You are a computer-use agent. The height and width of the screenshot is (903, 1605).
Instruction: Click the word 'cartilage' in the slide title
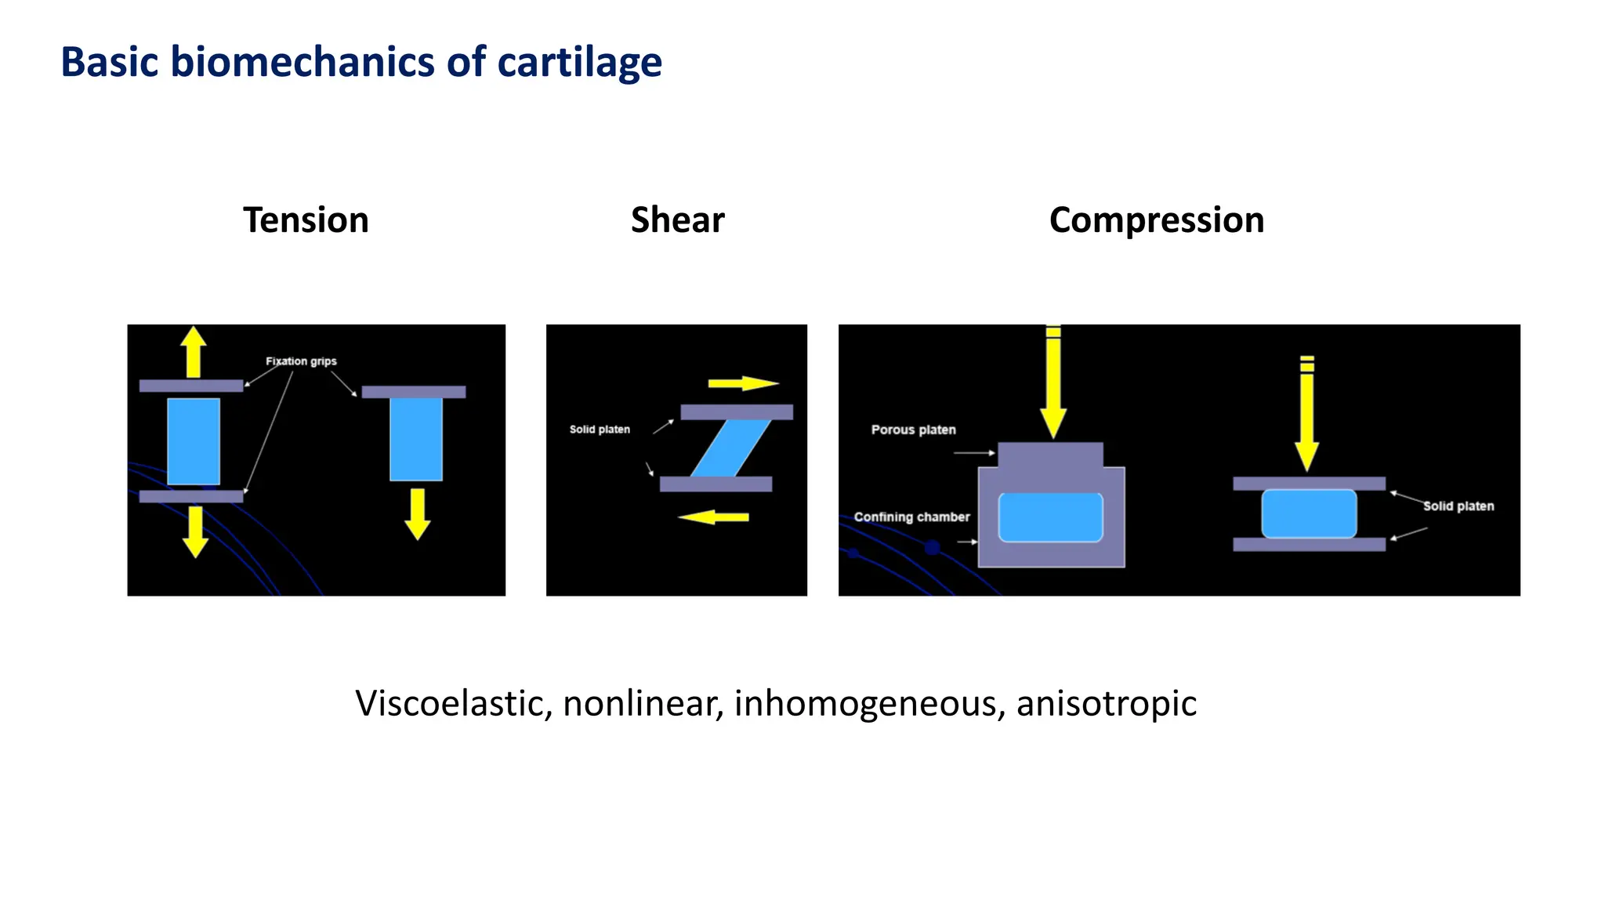[x=579, y=62]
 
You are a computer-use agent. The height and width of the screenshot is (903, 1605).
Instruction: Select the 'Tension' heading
[x=306, y=220]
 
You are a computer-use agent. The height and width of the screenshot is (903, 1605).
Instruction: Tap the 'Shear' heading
[x=677, y=220]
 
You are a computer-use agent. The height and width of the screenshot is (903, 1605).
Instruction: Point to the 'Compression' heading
[x=1156, y=220]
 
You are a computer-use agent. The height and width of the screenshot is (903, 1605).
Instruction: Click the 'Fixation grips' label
[x=301, y=361]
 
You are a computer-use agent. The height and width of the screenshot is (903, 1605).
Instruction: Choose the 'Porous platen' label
[x=913, y=430]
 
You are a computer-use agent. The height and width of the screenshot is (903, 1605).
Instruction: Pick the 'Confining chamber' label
[x=911, y=517]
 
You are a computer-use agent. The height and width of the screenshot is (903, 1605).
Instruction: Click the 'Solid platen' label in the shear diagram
[x=600, y=430]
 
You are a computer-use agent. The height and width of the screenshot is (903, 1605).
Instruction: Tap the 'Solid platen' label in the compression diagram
[x=1458, y=506]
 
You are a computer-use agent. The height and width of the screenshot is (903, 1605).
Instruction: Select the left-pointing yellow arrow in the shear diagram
[x=713, y=517]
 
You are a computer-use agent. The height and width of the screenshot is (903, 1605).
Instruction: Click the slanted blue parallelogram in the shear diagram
[x=730, y=448]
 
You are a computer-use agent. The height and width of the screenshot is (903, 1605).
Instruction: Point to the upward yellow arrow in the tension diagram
[x=193, y=353]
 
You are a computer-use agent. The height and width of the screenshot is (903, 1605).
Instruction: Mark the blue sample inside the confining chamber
[x=1050, y=517]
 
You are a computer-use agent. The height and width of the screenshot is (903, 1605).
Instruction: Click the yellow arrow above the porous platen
[x=1053, y=384]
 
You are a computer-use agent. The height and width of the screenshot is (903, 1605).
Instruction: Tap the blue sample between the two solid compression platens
[x=1309, y=514]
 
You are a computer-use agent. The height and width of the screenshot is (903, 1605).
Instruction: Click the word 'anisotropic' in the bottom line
[x=1106, y=703]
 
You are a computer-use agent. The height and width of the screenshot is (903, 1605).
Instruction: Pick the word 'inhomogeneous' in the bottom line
[x=869, y=703]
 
